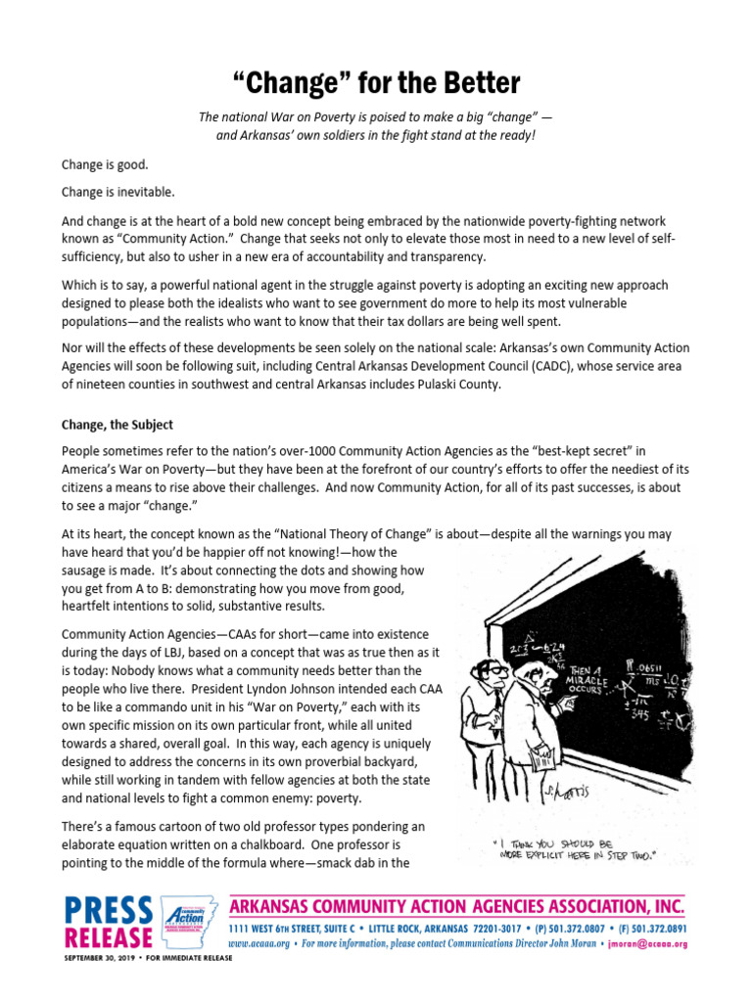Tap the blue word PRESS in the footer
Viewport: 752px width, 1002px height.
click(x=108, y=910)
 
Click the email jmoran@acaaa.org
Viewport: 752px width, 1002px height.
click(x=647, y=944)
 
